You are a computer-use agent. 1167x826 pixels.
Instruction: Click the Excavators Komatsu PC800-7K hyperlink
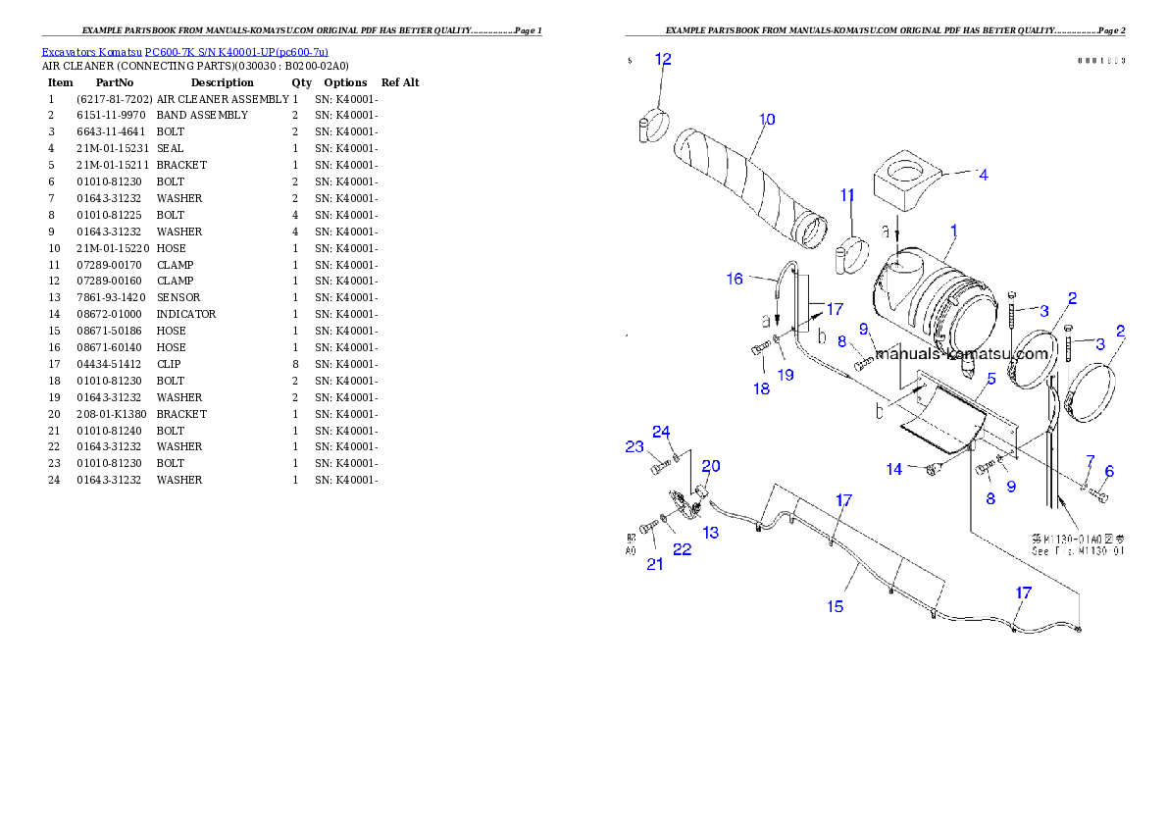click(x=184, y=51)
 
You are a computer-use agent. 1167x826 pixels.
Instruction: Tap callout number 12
click(x=663, y=59)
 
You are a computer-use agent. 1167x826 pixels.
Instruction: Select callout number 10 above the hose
click(x=767, y=120)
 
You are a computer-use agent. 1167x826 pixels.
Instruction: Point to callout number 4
click(x=982, y=175)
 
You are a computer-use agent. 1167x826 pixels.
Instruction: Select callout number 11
click(x=848, y=195)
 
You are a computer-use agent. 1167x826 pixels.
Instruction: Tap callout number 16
click(x=735, y=279)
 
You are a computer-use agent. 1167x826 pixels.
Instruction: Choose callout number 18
click(x=761, y=388)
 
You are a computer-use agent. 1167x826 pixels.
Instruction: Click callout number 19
click(x=786, y=374)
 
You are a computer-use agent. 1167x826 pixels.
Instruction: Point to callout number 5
click(x=990, y=378)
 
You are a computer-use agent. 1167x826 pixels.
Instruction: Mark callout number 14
click(x=893, y=470)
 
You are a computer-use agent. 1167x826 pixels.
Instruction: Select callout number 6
click(x=1109, y=471)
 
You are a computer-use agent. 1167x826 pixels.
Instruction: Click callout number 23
click(x=634, y=446)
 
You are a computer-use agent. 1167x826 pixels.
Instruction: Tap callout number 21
click(x=654, y=563)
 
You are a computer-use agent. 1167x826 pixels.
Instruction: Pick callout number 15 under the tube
click(x=835, y=606)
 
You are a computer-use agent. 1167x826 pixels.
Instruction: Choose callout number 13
click(x=710, y=532)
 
